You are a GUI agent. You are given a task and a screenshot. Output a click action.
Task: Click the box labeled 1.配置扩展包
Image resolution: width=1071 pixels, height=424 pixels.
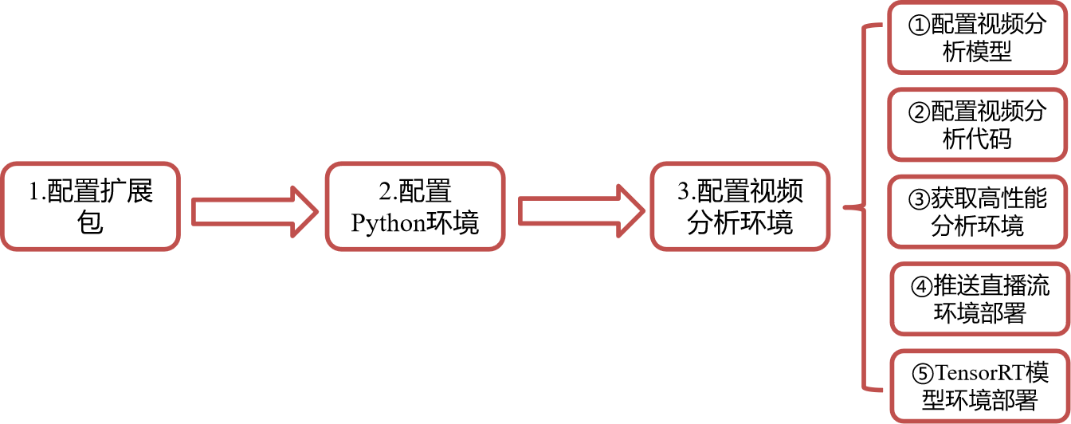pos(90,206)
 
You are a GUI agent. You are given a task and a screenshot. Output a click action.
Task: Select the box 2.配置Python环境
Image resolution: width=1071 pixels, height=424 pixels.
pos(415,206)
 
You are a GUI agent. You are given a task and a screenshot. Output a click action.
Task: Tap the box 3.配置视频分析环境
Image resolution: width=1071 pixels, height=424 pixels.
pos(739,206)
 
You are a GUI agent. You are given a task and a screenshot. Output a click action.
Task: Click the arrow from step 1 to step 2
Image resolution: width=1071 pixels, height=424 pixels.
pos(254,212)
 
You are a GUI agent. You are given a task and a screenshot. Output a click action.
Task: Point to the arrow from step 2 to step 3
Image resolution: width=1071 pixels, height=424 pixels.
pos(582,211)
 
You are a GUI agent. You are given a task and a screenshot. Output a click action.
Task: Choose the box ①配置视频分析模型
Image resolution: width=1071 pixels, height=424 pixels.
pos(977,38)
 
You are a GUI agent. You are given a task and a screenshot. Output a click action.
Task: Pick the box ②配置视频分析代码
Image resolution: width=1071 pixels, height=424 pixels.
pos(977,125)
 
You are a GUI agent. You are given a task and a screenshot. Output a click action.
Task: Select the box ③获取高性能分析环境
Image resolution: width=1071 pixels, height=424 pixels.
pos(977,212)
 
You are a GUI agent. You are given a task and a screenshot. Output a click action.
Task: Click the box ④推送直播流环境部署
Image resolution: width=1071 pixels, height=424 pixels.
pos(979,299)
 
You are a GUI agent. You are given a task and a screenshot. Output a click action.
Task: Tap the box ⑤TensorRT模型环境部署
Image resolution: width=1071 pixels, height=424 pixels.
pos(979,387)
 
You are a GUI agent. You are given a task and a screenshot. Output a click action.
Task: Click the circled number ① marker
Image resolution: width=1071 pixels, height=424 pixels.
pos(919,26)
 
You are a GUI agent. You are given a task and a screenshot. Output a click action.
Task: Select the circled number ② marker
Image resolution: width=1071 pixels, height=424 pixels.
pos(919,112)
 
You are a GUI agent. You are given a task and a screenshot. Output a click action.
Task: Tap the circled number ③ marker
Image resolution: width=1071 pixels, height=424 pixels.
pos(919,199)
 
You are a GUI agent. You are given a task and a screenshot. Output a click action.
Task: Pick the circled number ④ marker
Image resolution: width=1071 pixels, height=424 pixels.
pos(922,286)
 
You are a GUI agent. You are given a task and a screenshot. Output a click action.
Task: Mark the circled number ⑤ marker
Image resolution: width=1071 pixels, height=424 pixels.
pos(923,374)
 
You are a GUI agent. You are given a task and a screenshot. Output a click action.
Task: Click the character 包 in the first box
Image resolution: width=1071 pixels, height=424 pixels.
pos(90,222)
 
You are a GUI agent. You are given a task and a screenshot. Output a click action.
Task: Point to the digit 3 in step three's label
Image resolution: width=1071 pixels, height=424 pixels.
pos(683,191)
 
